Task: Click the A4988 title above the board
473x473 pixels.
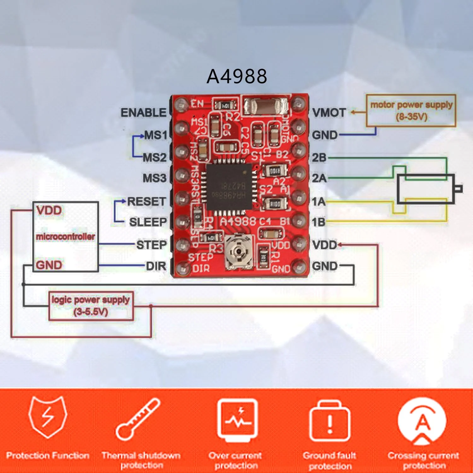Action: [237, 76]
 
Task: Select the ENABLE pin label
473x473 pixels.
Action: [143, 113]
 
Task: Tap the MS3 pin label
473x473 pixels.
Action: [155, 178]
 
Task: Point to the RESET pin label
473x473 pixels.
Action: [146, 201]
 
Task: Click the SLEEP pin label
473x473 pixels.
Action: [148, 222]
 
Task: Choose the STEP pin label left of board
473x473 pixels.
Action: [151, 245]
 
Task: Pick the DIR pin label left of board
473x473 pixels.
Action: [156, 266]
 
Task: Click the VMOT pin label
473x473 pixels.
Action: [329, 113]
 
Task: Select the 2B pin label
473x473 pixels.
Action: [319, 157]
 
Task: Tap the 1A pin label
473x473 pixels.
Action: [319, 202]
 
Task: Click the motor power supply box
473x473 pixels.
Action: [411, 111]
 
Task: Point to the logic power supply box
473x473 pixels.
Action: [91, 306]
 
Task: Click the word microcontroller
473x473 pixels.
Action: [65, 237]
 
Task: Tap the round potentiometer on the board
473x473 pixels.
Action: [239, 252]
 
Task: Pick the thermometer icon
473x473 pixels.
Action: [137, 419]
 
